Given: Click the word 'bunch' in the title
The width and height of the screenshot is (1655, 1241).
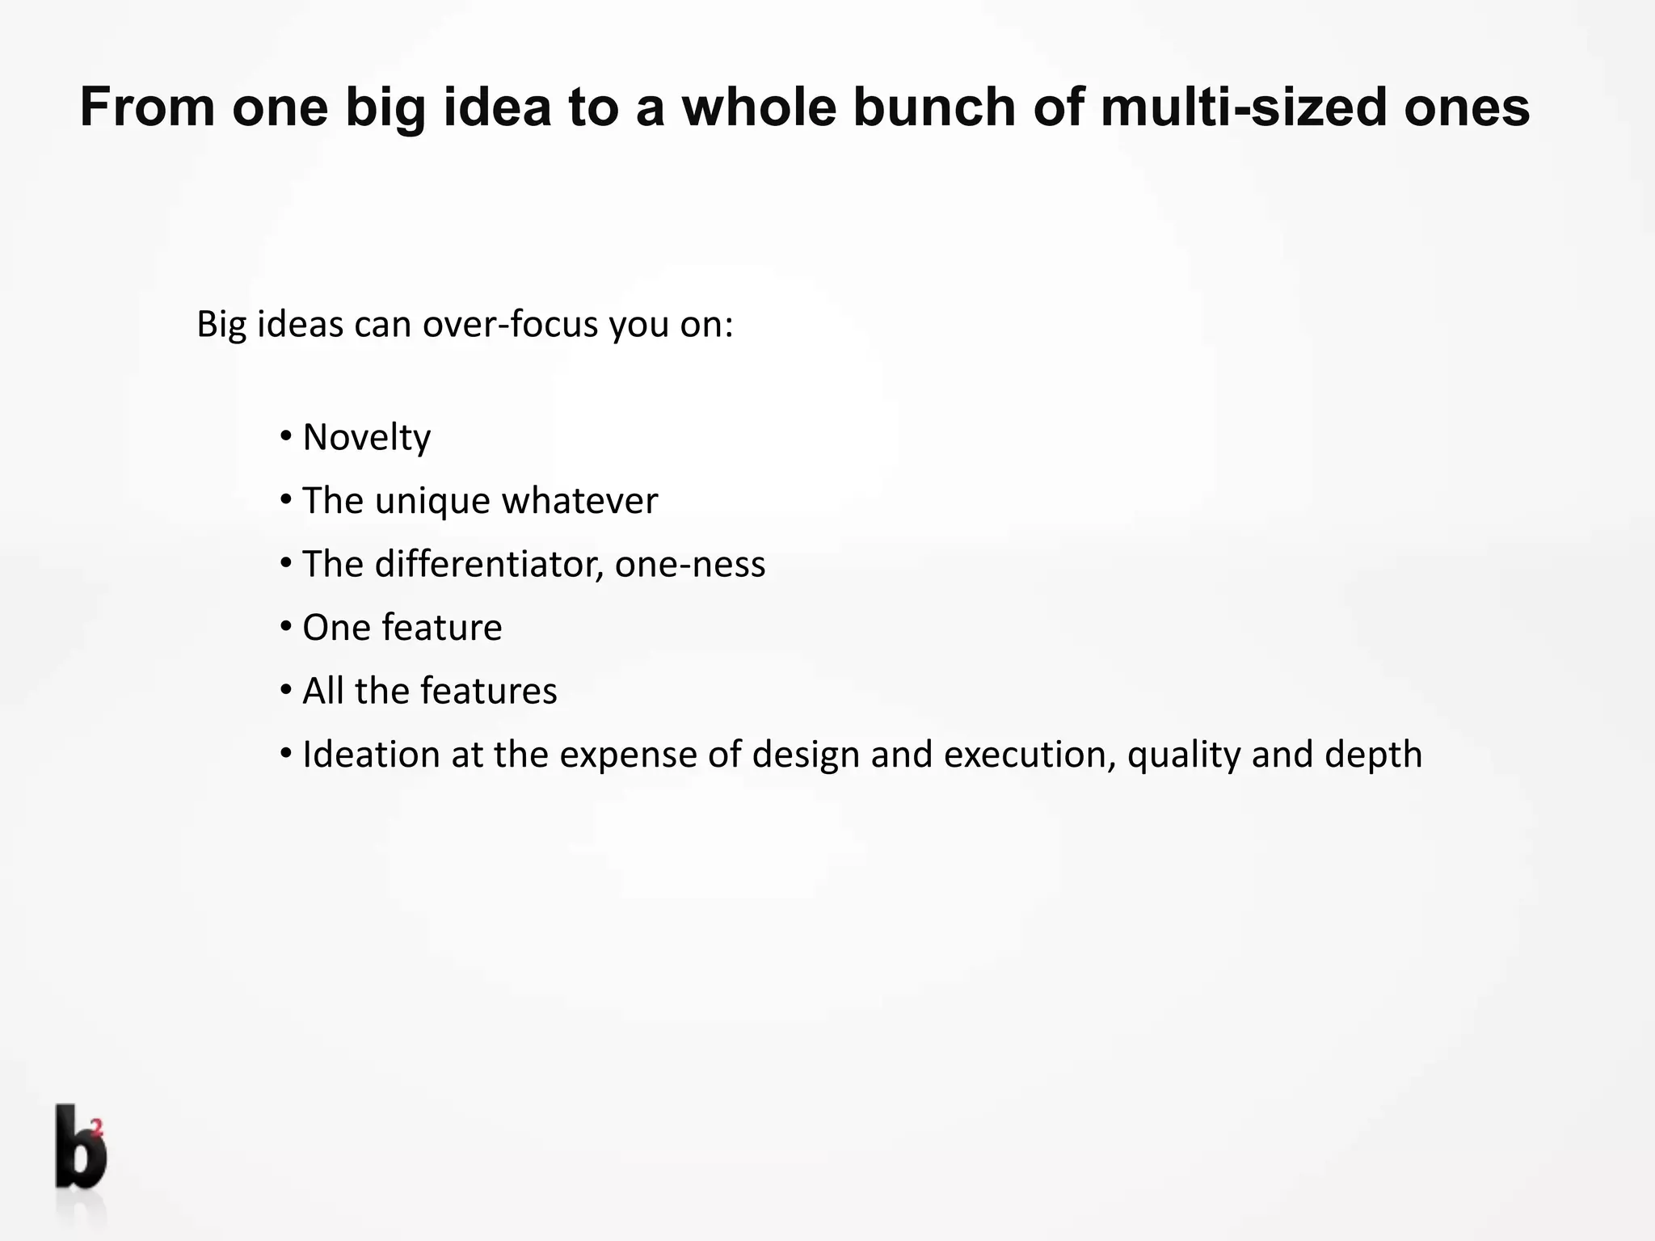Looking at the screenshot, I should pos(933,107).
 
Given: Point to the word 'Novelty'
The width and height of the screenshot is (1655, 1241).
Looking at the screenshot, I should pos(366,438).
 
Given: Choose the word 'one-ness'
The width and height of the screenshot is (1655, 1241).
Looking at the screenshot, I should pos(689,564).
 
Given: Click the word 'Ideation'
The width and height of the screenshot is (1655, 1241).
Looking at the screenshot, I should pos(370,755).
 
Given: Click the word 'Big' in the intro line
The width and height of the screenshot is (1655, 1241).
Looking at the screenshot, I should pos(221,325).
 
